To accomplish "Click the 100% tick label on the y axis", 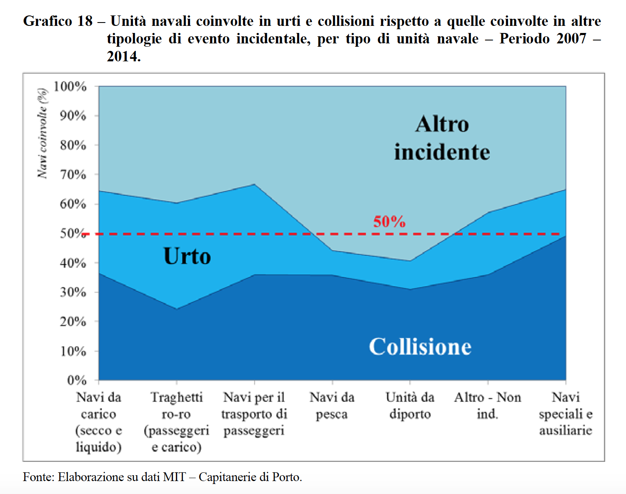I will click(70, 86).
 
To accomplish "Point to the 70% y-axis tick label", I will click(73, 174).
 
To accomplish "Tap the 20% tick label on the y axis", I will click(73, 322).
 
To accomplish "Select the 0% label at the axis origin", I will click(77, 380).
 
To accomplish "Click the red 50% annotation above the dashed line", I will click(389, 222).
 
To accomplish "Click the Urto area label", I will click(187, 256).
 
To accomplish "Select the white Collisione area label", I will click(420, 347).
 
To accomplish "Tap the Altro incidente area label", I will click(442, 138).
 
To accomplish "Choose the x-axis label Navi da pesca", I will click(332, 406).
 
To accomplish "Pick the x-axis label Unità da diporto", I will click(410, 406).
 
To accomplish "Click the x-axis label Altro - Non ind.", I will click(488, 406).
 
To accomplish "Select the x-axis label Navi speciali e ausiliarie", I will click(566, 413).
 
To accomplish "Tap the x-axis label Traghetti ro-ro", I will click(176, 422).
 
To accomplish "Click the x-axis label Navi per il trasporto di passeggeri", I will click(254, 413).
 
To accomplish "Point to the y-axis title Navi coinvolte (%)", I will click(42, 134).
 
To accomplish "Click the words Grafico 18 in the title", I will click(58, 21).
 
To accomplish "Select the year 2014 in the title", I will click(123, 56).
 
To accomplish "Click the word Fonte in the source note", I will click(38, 477).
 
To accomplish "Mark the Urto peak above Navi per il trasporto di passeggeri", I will click(254, 184).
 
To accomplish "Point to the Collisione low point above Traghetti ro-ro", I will click(177, 309).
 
